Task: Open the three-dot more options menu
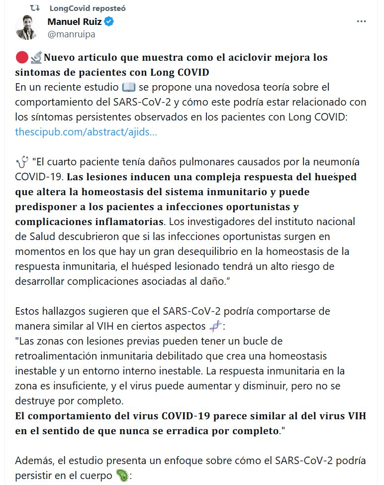coord(362,22)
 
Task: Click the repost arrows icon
coord(35,8)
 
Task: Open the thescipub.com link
coord(86,132)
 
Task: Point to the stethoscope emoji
coord(22,162)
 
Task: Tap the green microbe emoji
coord(121,476)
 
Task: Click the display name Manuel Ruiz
coord(75,22)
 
